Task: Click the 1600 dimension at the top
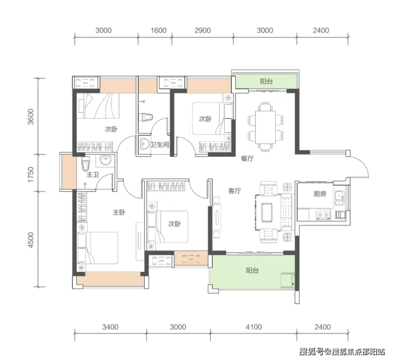coord(159,31)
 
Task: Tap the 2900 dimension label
coord(202,31)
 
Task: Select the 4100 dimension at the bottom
coord(254,327)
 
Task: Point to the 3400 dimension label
coord(110,327)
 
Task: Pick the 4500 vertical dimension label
coord(30,240)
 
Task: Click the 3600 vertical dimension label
coord(30,116)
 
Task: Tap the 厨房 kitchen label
coord(319,194)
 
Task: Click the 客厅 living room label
coord(234,191)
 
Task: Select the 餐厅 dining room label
coord(247,158)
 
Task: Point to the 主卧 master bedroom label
coord(119,213)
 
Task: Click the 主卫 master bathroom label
coord(93,174)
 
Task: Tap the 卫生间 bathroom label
coord(160,145)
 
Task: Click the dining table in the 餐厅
coord(265,128)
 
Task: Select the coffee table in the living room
coord(267,213)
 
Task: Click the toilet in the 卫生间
coord(146,117)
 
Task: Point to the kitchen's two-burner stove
coord(323,215)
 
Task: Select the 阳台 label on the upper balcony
coord(266,81)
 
